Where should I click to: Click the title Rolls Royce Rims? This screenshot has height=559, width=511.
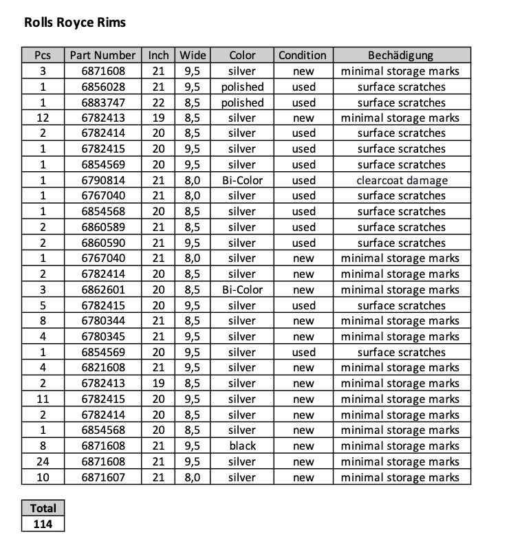[x=75, y=23]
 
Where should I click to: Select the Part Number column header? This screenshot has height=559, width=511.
[x=103, y=55]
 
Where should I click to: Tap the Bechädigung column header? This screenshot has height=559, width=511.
[x=401, y=55]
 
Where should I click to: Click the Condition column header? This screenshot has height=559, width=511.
[x=303, y=55]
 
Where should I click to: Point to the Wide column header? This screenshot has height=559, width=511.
[x=193, y=55]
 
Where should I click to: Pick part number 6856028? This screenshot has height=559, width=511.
[x=103, y=87]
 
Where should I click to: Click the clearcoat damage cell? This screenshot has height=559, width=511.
[x=402, y=180]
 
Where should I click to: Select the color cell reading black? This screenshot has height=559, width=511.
[x=242, y=446]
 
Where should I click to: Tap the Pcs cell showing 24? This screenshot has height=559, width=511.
[x=43, y=461]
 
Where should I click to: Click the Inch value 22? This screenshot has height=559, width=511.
[x=158, y=102]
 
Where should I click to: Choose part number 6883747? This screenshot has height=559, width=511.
[x=103, y=102]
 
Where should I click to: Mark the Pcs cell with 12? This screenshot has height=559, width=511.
[x=43, y=118]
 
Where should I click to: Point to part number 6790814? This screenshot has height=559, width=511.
[x=103, y=180]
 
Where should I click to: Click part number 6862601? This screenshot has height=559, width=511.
[x=103, y=289]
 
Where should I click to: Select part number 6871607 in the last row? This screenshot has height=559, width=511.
[x=103, y=477]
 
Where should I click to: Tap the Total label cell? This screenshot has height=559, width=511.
[x=43, y=508]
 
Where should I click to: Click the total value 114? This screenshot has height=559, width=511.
[x=43, y=524]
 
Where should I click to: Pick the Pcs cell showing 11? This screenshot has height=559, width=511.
[x=43, y=399]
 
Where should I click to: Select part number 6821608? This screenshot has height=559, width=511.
[x=103, y=367]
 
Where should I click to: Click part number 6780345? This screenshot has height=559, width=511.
[x=103, y=336]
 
